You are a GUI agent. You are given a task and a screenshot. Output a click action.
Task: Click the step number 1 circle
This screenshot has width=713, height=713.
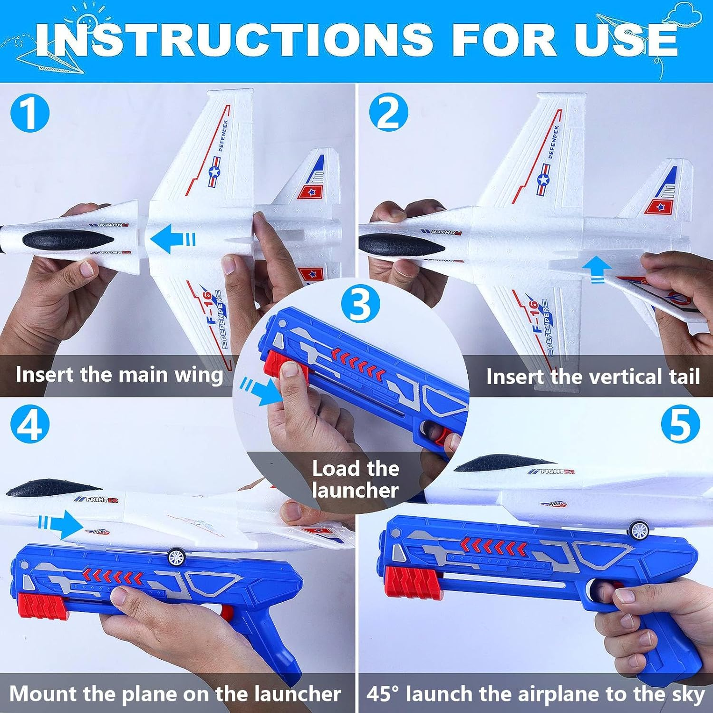[29, 113]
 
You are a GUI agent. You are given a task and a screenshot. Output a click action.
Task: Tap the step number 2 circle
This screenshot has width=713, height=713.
[388, 113]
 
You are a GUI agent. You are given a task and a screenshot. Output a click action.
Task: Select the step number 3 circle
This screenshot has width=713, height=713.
[361, 305]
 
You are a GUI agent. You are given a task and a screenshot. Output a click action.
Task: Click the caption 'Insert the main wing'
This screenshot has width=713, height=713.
[119, 375]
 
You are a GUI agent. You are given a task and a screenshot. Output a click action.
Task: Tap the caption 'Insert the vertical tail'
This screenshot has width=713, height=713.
[592, 377]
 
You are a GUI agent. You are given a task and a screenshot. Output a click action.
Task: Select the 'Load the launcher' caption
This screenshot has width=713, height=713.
[355, 480]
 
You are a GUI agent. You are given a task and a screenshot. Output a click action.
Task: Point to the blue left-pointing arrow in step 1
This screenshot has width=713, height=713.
[172, 239]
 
